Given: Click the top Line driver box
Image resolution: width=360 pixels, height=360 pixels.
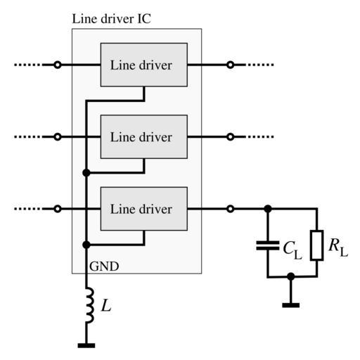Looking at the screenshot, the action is point(144,65).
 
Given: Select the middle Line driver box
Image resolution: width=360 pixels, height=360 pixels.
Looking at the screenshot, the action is point(144,136).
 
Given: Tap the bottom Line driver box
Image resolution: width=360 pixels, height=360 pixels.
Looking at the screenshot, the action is point(144,209).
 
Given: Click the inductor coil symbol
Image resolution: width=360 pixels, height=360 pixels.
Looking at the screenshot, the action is point(90,305).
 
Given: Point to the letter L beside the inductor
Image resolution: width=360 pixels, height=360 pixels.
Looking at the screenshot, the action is point(106,306).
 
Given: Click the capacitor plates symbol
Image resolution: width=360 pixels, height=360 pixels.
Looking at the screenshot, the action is point(268,245).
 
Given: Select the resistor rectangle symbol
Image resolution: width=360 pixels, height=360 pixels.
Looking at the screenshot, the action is point(316,245).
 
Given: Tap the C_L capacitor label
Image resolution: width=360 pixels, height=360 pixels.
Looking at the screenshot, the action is point(292,250).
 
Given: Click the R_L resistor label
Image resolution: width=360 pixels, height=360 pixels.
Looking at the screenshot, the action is point(338,247).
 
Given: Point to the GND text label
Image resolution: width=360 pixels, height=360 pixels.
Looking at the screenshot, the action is point(104,266).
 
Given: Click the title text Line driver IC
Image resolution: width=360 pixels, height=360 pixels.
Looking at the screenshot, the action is point(111,19).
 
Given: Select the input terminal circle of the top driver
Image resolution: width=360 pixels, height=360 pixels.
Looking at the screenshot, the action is point(58,65).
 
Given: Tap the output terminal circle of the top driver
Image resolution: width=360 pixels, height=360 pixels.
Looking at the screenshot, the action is point(231,65).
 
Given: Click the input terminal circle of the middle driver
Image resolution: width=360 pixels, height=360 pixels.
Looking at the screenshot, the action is point(58,136).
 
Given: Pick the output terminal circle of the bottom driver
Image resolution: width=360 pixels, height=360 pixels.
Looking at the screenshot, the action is point(231,209).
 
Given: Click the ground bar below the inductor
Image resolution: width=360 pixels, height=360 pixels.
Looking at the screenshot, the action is point(86,345).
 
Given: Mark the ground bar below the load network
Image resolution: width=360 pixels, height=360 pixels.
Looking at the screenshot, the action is point(291,305).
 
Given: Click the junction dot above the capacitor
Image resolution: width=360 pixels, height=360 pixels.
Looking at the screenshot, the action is point(268,209).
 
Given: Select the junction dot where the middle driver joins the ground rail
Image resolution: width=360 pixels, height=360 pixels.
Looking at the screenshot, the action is point(86,173).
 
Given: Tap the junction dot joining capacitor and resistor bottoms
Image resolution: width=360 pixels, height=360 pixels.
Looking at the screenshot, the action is point(291,276).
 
